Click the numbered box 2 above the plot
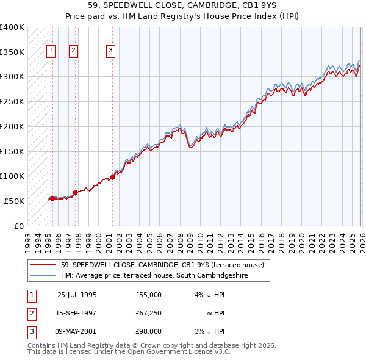pos(73,51)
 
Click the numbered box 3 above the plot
pos(110,51)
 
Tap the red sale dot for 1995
pos(53,198)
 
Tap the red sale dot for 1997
pos(75,192)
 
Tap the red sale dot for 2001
pos(112,177)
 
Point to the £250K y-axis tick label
pos(12,101)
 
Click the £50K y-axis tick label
pos(14,201)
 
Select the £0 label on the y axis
pos(20,226)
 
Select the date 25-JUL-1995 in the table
pos(77,295)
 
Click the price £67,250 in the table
pos(149,313)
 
